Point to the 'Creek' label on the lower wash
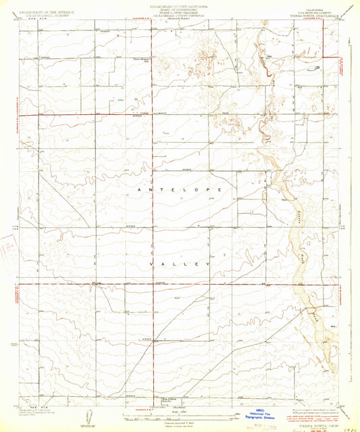click(313, 312)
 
